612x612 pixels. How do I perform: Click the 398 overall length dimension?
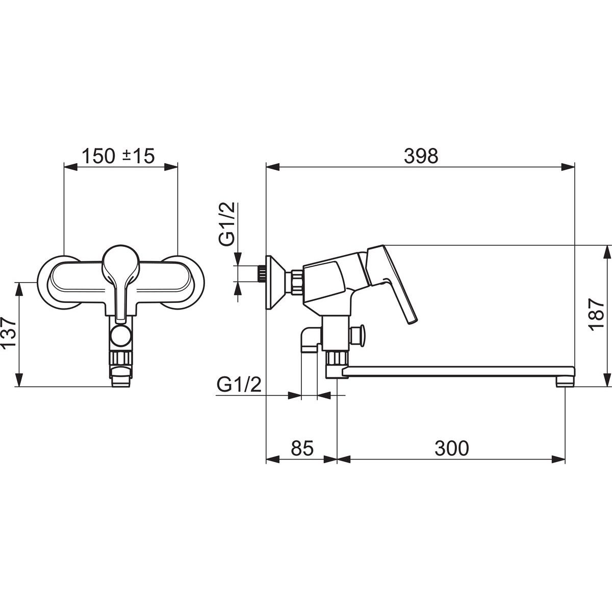421,156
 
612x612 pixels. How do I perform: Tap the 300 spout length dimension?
452,448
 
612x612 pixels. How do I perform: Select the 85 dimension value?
302,448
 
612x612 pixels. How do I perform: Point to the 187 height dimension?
596,315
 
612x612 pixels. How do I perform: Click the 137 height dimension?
9,333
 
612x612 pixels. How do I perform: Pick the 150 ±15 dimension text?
118,156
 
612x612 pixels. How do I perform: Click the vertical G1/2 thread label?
227,223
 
